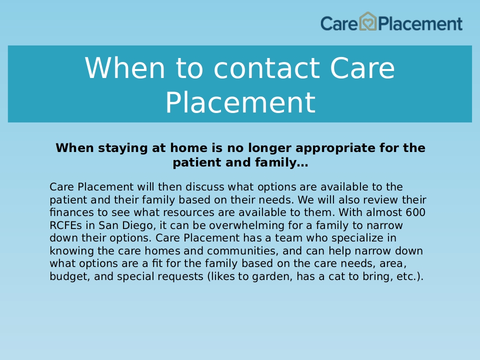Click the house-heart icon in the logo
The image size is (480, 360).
[x=367, y=21]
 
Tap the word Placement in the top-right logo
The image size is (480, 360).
[x=420, y=24]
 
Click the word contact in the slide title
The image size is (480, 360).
[x=267, y=68]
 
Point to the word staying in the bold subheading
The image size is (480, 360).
[x=123, y=148]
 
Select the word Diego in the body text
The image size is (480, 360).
[x=137, y=225]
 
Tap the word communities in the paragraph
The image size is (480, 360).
[x=243, y=251]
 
